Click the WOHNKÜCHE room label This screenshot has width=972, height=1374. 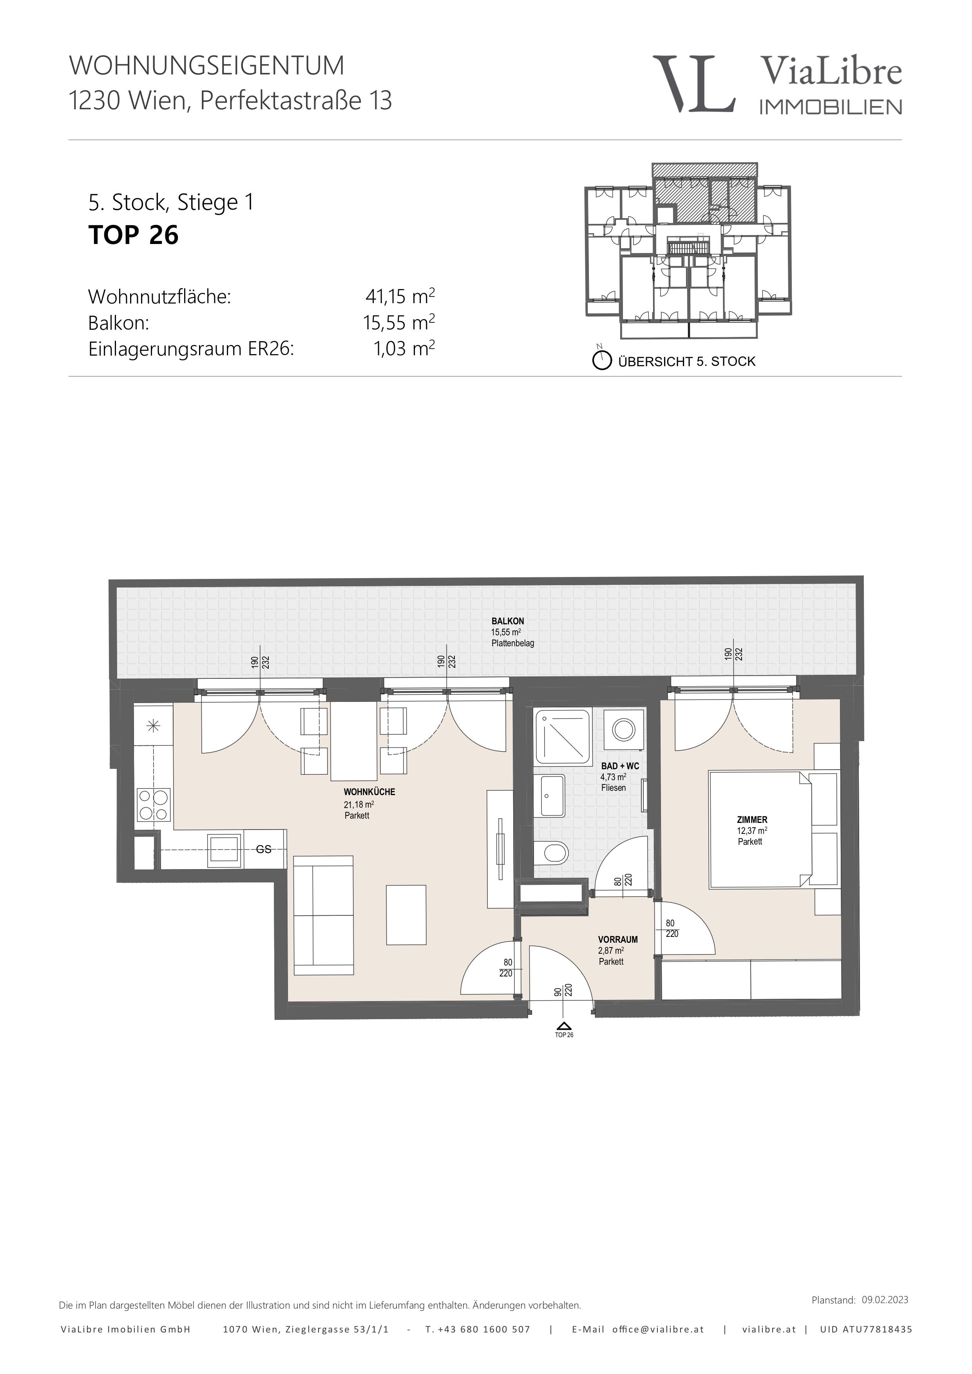click(x=369, y=792)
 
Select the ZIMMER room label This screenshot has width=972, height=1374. click(x=752, y=820)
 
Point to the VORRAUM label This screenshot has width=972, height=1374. click(x=618, y=940)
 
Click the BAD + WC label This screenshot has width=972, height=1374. click(x=620, y=766)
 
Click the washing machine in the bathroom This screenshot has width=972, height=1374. click(x=624, y=729)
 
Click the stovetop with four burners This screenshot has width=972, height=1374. click(x=154, y=805)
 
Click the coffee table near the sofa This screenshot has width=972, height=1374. click(x=406, y=915)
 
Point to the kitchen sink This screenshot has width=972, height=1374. click(x=225, y=849)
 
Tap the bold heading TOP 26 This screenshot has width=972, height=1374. click(x=134, y=235)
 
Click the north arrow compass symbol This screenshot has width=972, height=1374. click(x=601, y=360)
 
